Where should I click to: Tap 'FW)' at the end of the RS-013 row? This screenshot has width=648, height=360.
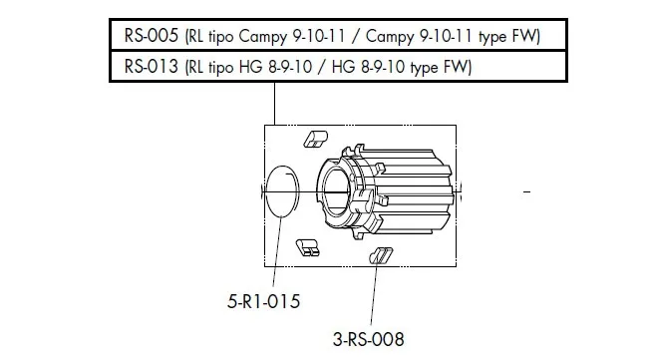click(451, 67)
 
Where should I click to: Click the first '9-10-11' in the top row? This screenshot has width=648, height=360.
click(317, 38)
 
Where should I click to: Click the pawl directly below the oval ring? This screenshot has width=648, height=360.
click(306, 246)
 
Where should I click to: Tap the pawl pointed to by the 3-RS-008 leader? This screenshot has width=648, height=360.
click(378, 256)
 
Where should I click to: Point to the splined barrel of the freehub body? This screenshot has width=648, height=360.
click(419, 184)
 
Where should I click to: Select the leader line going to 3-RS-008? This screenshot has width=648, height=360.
click(374, 294)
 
